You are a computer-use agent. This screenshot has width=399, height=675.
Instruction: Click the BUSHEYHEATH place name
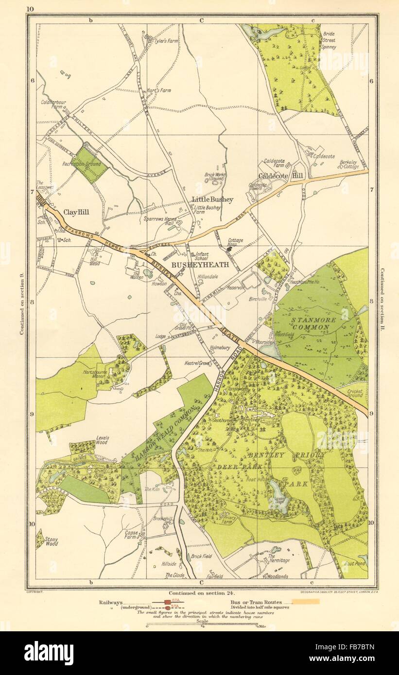coord(196,266)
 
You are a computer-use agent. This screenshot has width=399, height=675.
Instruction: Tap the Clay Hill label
coord(76,212)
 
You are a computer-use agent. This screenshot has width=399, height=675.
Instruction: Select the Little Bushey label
coord(212,199)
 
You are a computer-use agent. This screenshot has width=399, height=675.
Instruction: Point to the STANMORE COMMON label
coord(310,323)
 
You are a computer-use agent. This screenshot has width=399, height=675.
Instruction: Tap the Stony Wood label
coord(51,541)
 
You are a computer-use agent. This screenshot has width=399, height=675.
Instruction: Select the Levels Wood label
coord(102,440)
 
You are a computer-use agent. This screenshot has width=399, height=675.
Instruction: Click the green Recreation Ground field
coord(89,165)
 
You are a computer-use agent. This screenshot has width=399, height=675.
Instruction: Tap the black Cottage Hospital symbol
coord(228,249)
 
